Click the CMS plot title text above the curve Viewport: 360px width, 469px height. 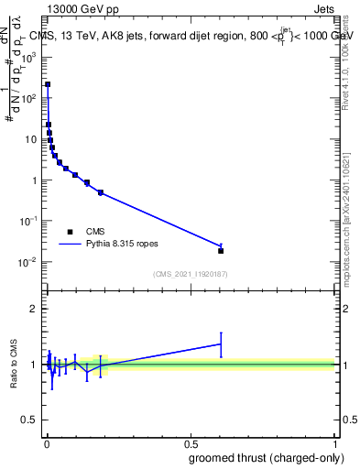click(190, 36)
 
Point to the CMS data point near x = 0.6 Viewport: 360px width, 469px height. click(221, 250)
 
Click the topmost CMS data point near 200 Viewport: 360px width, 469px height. click(48, 84)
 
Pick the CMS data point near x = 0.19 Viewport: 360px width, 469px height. click(101, 192)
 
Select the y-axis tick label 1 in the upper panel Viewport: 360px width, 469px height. click(35, 180)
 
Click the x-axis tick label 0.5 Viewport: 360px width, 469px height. click(191, 443)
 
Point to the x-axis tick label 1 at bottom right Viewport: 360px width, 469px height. click(335, 443)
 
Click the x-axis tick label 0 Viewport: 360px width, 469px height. click(47, 443)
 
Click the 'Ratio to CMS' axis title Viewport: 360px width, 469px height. click(14, 364)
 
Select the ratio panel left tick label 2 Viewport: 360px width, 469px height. click(35, 309)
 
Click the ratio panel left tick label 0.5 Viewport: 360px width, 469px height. click(31, 420)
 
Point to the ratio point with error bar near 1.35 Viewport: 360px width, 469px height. click(221, 344)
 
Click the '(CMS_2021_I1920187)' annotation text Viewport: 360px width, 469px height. click(190, 273)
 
